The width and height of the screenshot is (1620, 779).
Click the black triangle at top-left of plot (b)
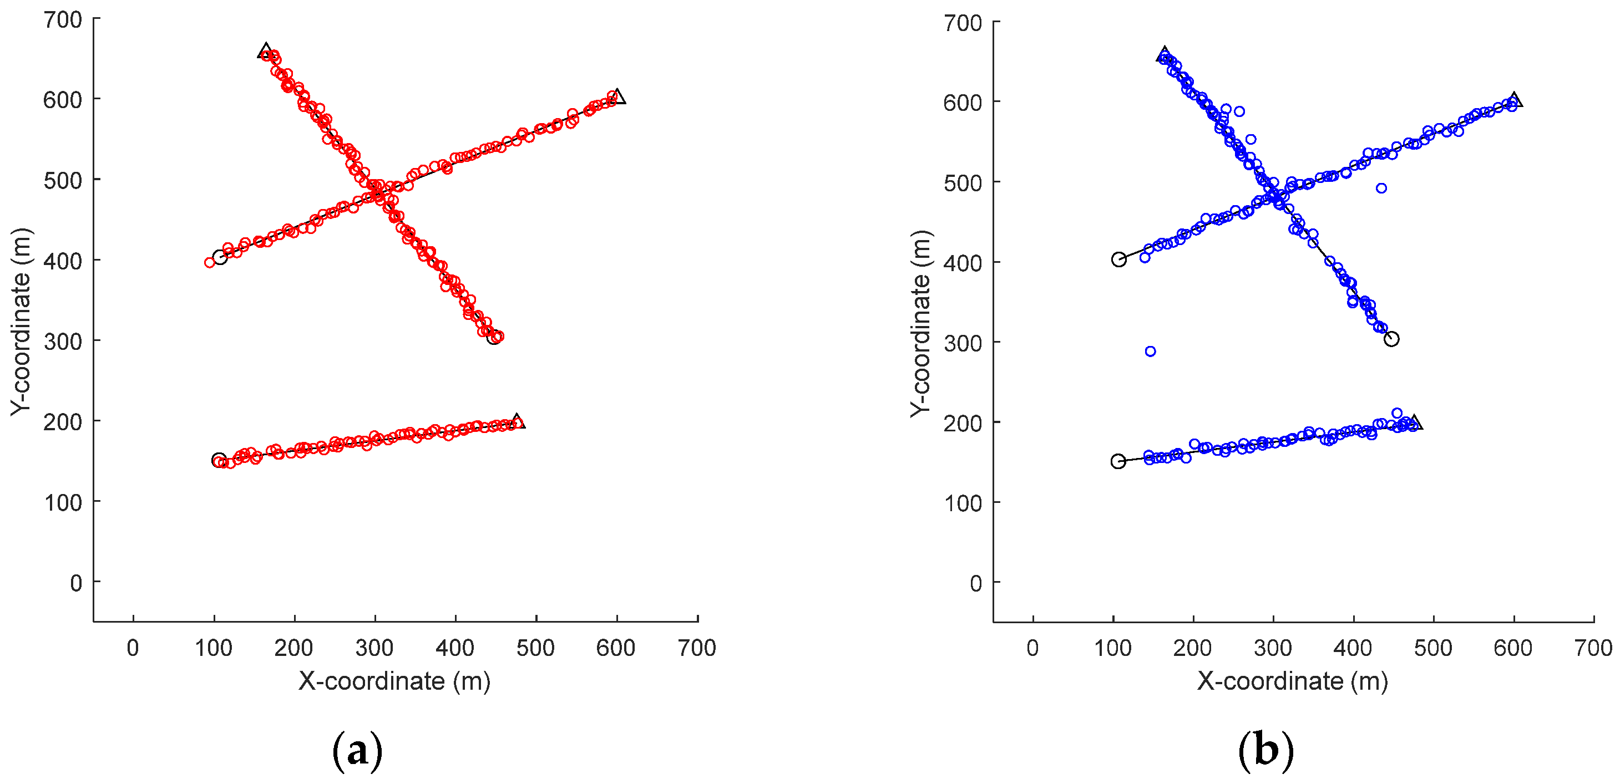1164,54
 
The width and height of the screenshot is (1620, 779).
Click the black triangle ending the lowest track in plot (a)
518,421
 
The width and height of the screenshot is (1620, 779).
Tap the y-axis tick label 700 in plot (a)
63,20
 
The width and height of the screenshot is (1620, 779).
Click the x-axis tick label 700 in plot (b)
1593,648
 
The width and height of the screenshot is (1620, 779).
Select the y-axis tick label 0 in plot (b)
975,583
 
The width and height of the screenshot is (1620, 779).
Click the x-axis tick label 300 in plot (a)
375,648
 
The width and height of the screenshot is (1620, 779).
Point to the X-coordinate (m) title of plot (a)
394,681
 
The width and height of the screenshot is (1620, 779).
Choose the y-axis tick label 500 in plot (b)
963,183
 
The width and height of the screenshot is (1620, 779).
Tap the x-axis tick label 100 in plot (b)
1113,648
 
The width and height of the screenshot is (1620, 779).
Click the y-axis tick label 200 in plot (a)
63,422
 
